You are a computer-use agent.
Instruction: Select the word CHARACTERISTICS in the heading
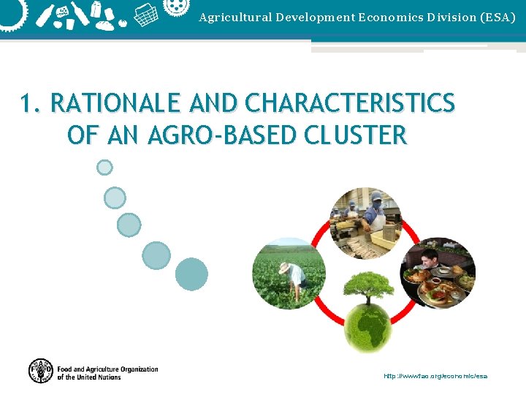pyautogui.click(x=350, y=105)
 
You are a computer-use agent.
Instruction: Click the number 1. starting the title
pyautogui.click(x=32, y=105)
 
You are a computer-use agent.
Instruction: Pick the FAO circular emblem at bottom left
pyautogui.click(x=41, y=371)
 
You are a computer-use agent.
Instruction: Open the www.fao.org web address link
pyautogui.click(x=435, y=376)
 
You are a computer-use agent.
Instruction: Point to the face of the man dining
pyautogui.click(x=430, y=258)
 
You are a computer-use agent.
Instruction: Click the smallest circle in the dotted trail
pyautogui.click(x=104, y=168)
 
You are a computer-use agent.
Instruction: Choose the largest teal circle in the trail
pyautogui.click(x=191, y=274)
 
